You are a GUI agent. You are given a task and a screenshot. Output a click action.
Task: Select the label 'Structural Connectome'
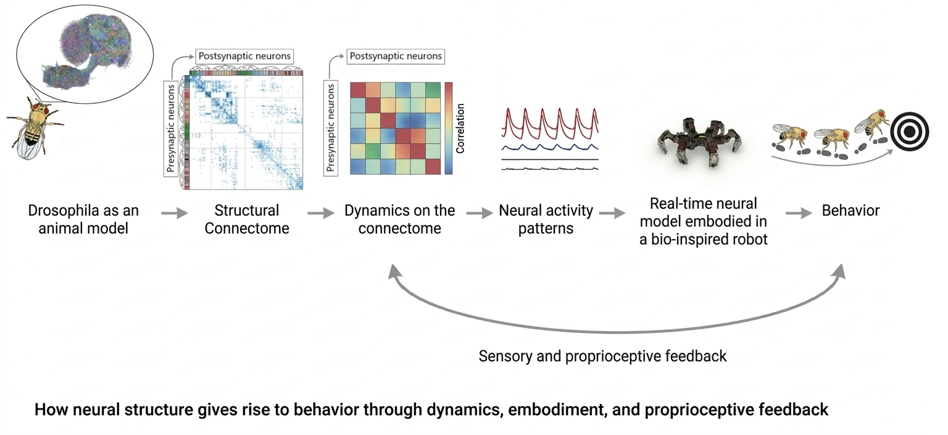(x=247, y=219)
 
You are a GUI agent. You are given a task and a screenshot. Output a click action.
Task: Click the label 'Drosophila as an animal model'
(x=83, y=219)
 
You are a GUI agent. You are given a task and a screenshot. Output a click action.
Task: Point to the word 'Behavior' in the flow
(x=850, y=211)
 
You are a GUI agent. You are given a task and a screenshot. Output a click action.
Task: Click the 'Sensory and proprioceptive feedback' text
(x=602, y=357)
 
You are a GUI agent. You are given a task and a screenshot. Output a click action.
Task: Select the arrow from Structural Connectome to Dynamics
(x=320, y=213)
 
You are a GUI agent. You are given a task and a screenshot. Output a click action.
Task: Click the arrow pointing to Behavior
(x=799, y=213)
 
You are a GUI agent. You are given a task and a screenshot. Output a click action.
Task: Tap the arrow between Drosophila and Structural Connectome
(x=173, y=213)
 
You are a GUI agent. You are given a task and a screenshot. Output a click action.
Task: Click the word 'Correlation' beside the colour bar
(x=460, y=129)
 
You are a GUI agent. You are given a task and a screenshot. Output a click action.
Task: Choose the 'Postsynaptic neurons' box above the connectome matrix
(x=244, y=56)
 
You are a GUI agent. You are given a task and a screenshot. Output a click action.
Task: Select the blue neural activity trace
(x=549, y=147)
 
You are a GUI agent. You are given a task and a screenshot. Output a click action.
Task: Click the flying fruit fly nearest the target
(x=871, y=124)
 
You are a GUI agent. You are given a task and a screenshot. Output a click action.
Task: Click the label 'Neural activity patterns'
(x=546, y=219)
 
